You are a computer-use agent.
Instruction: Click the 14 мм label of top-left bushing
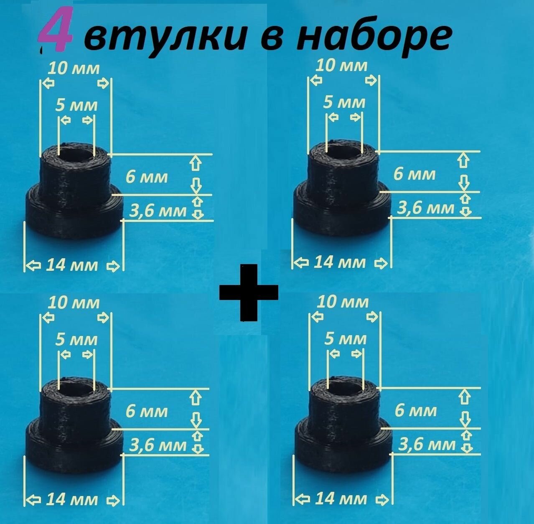click(x=72, y=265)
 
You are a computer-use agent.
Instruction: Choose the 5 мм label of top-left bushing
click(x=76, y=105)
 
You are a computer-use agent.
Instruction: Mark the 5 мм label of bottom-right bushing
click(x=346, y=338)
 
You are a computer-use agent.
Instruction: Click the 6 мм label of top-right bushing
click(x=414, y=174)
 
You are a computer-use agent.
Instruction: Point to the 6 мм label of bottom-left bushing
click(x=147, y=412)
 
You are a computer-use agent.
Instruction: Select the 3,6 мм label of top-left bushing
click(x=158, y=211)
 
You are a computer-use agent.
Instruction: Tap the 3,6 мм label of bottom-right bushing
click(x=427, y=444)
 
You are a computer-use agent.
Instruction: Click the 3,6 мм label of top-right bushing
click(x=425, y=208)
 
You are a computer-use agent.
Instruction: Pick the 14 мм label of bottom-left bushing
click(x=72, y=499)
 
